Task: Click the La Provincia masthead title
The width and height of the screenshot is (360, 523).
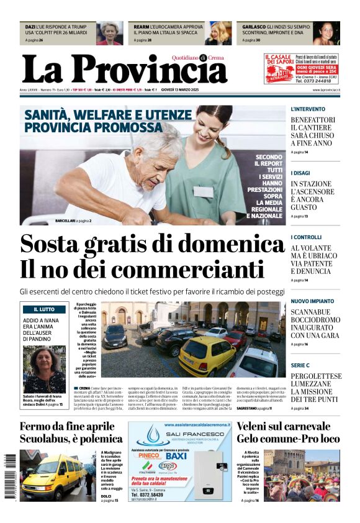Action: click(124, 70)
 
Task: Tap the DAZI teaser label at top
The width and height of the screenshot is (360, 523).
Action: click(30, 27)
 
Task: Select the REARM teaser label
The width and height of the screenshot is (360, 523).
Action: click(141, 27)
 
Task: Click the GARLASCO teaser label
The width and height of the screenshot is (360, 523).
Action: click(253, 27)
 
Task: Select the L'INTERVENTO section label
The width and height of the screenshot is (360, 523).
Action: click(307, 109)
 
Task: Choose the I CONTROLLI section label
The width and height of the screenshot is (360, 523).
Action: click(306, 237)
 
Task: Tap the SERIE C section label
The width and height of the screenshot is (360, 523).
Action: click(300, 366)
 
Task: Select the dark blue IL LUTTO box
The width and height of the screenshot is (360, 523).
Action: click(44, 309)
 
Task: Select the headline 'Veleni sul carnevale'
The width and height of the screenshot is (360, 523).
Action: click(283, 427)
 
